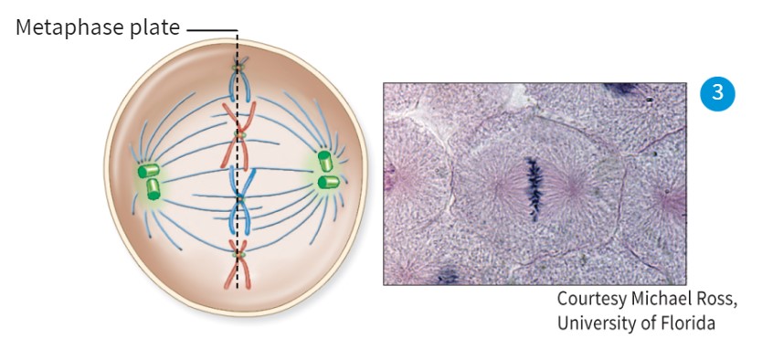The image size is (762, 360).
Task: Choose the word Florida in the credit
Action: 685,323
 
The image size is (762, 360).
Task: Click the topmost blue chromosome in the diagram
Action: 239,82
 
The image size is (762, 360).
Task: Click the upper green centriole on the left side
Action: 147,171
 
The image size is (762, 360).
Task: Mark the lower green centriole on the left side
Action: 154,189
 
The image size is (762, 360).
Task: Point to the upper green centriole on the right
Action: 324,161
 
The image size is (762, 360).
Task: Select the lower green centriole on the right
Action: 328,182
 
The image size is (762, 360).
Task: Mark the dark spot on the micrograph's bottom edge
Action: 447,275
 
